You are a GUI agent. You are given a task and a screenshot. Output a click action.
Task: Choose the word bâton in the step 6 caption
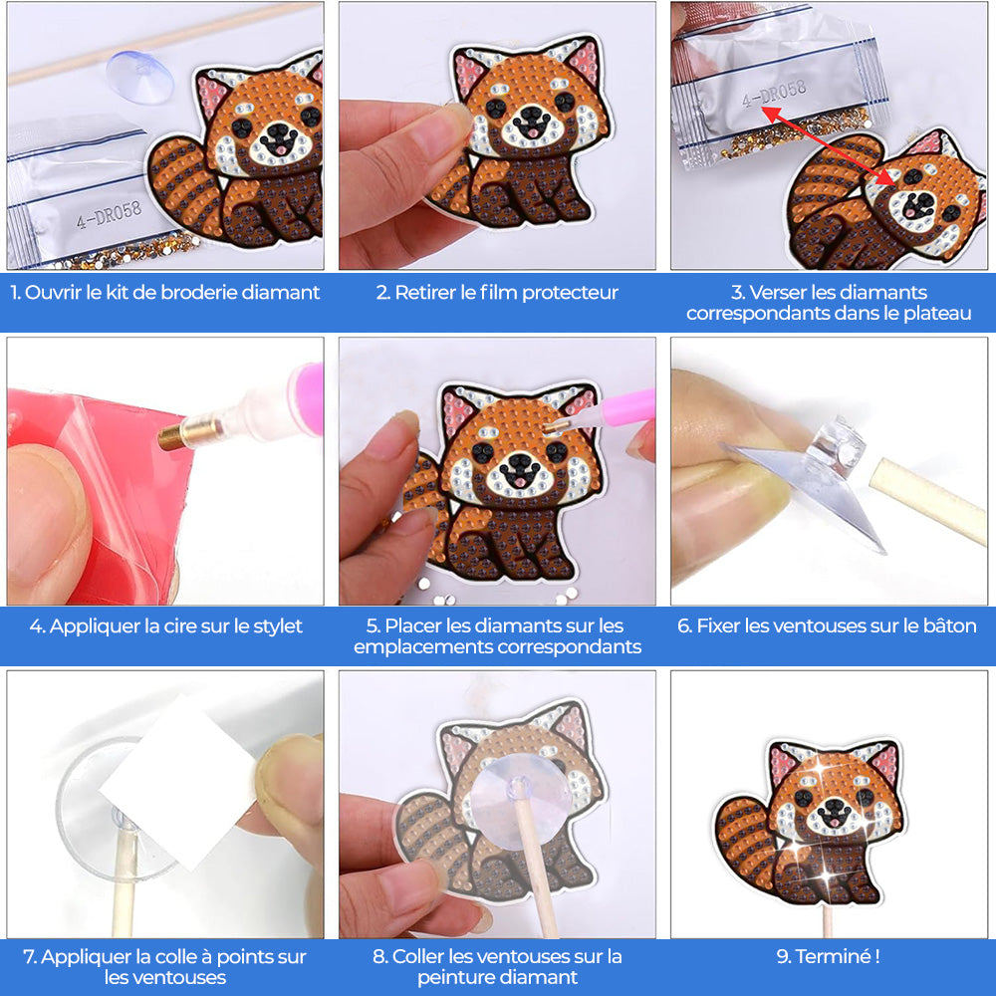(x=950, y=626)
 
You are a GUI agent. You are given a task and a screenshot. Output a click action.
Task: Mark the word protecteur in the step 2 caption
(x=570, y=293)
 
